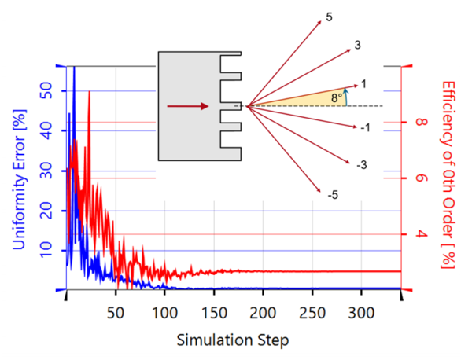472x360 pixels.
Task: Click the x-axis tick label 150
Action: pos(213,311)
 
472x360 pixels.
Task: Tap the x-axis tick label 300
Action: pos(361,311)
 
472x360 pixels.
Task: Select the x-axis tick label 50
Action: pos(116,311)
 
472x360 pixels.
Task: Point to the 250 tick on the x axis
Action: pos(312,311)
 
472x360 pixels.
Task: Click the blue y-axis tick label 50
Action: pos(49,91)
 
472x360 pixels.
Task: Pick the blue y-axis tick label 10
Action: pos(49,250)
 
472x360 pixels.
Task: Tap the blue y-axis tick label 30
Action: pos(49,171)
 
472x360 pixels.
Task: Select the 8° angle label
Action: pos(337,98)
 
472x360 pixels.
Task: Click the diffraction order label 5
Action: pos(329,17)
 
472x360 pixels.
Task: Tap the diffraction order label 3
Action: pos(357,46)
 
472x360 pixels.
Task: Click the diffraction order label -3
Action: pos(361,165)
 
